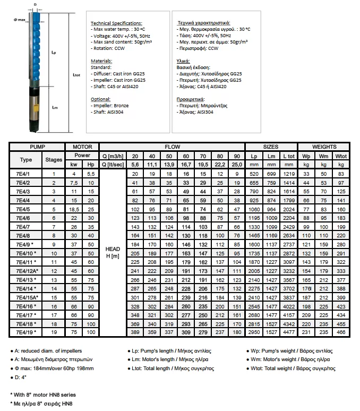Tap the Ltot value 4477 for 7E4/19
(289, 332)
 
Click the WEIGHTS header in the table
(323, 147)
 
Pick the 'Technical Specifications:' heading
(116, 24)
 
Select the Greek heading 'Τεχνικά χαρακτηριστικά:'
(203, 24)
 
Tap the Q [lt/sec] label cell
(112, 164)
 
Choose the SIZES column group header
(271, 147)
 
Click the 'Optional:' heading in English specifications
(101, 99)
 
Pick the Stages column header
(54, 159)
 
